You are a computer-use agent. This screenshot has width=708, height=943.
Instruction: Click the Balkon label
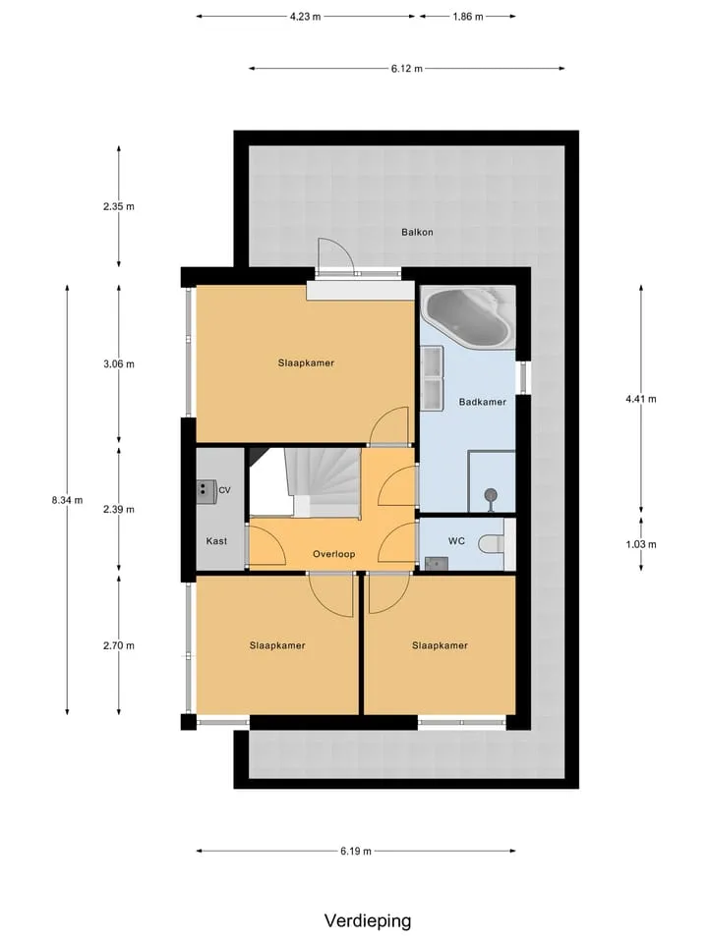tap(417, 232)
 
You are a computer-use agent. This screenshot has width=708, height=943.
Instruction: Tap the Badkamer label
tap(482, 402)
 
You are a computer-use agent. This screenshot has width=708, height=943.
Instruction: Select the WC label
tap(456, 541)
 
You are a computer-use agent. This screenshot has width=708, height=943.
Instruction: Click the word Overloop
tap(333, 554)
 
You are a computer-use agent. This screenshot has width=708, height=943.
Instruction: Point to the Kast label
tap(216, 541)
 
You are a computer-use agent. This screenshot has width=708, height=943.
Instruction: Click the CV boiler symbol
tap(206, 490)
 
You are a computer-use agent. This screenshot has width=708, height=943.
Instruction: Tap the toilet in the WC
tap(492, 544)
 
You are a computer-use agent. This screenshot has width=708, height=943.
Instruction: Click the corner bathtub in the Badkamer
tap(468, 316)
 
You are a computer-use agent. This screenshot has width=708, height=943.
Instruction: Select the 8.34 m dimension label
tap(68, 500)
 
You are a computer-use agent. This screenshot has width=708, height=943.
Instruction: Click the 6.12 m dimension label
tap(407, 69)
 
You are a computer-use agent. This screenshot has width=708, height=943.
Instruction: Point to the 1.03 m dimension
tap(641, 544)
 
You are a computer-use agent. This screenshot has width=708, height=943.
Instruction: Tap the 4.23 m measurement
tap(305, 17)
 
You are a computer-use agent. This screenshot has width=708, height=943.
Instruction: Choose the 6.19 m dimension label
tap(356, 851)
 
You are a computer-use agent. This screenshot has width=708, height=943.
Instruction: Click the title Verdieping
tap(368, 920)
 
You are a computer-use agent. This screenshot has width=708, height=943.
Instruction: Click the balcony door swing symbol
tap(336, 256)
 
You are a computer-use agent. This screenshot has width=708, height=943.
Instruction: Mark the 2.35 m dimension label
tap(119, 207)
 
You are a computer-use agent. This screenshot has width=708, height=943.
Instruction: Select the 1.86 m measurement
tap(468, 17)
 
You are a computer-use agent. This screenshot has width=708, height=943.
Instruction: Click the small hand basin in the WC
tap(437, 564)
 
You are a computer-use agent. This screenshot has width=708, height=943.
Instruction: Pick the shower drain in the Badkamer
tap(492, 495)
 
